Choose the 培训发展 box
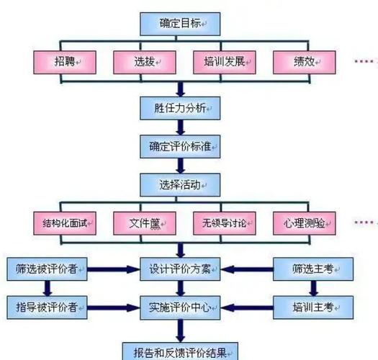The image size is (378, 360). coord(221,63)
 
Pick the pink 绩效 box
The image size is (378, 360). coord(302,63)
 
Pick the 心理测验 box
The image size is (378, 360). coord(302,222)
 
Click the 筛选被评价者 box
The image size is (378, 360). coord(47,270)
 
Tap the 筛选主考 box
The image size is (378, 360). coord(314,270)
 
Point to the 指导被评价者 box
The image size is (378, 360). coord(47,307)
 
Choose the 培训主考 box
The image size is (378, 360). coord(314,307)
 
